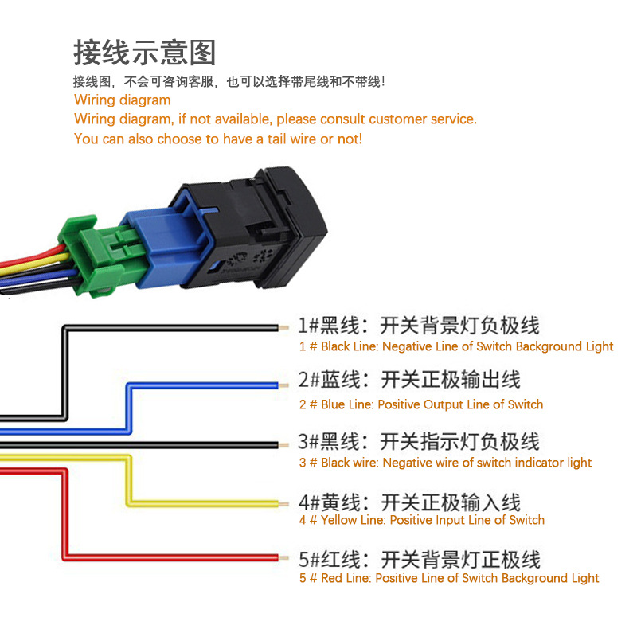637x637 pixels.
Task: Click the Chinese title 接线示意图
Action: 144,52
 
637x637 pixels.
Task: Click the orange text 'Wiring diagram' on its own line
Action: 122,100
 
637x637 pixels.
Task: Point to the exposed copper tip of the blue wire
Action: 283,385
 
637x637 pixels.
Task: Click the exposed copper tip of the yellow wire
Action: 283,504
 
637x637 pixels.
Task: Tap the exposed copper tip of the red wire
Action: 283,558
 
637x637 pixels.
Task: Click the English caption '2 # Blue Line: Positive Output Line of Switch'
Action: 421,404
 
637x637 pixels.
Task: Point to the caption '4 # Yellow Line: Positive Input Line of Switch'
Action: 422,520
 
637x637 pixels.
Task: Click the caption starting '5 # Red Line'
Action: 449,578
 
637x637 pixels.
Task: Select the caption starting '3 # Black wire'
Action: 445,463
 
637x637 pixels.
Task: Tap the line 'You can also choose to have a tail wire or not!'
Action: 217,139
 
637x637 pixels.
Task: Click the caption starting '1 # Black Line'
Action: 456,346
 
